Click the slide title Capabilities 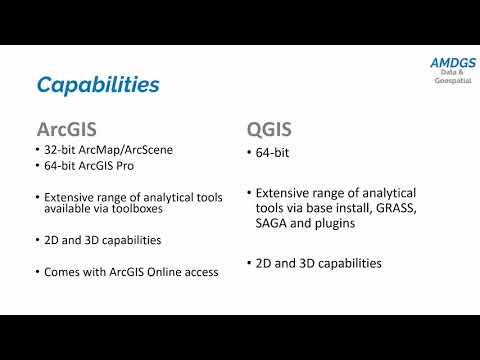pyautogui.click(x=98, y=84)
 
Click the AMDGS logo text pyautogui.click(x=452, y=63)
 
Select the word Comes pyautogui.click(x=63, y=271)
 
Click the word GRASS pyautogui.click(x=387, y=210)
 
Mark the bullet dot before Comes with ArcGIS pyautogui.click(x=36, y=271)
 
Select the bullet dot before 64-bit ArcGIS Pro pyautogui.click(x=36, y=166)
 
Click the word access pyautogui.click(x=202, y=271)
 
